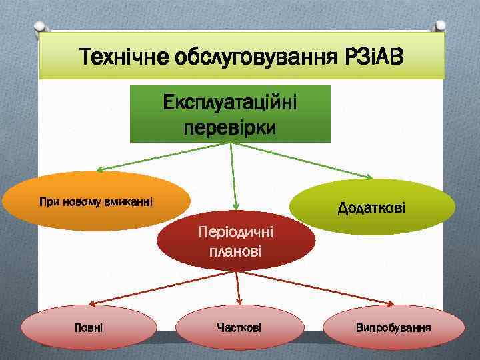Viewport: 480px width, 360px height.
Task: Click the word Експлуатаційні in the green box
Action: pyautogui.click(x=230, y=104)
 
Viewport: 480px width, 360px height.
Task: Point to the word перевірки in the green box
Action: pyautogui.click(x=230, y=127)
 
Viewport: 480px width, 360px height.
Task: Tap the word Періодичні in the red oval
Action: pyautogui.click(x=235, y=233)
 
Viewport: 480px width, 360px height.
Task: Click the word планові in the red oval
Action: pyautogui.click(x=235, y=252)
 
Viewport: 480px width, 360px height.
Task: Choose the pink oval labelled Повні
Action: pyautogui.click(x=89, y=328)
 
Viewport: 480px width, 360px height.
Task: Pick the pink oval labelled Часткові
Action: pyautogui.click(x=239, y=328)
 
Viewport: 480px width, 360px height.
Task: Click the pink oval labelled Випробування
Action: pyautogui.click(x=393, y=328)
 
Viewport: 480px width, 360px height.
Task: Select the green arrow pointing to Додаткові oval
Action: pyautogui.click(x=303, y=161)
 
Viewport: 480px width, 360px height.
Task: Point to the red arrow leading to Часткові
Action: pyautogui.click(x=238, y=288)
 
